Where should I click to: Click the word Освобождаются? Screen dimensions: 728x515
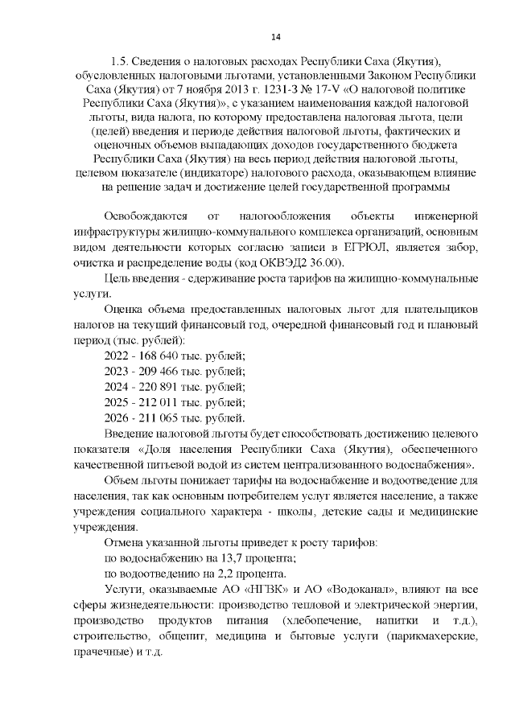pos(146,216)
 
